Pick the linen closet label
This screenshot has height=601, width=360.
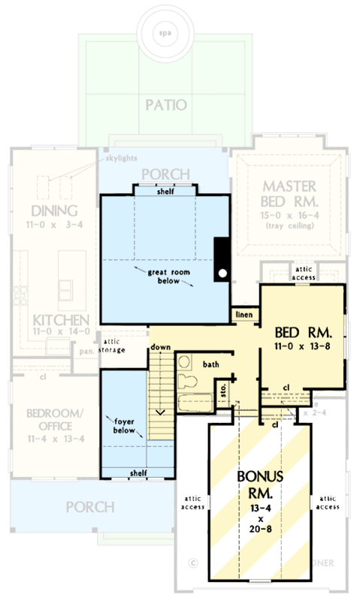[242, 313]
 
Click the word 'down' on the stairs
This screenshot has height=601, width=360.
[160, 348]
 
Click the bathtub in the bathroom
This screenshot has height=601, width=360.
[195, 400]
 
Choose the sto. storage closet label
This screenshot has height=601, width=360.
[222, 390]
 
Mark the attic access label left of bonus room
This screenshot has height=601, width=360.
[192, 501]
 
